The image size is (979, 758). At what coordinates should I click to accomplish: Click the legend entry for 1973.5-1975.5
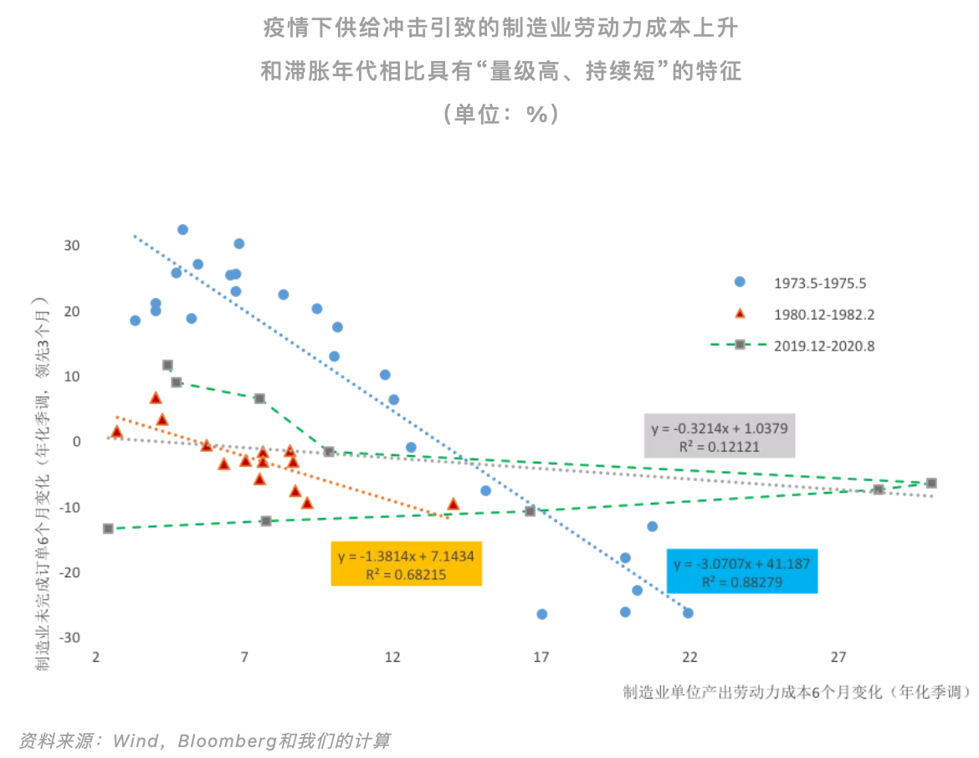tap(812, 283)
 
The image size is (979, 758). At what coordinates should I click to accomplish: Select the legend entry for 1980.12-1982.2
tap(812, 315)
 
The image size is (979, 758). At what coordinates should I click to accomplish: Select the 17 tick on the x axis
tap(541, 658)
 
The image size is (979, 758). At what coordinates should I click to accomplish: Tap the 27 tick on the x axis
tap(838, 658)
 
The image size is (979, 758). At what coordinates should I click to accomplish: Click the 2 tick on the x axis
tap(96, 658)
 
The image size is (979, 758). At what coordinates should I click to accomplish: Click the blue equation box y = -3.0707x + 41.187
tap(741, 571)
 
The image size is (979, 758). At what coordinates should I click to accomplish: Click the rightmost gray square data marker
tap(931, 483)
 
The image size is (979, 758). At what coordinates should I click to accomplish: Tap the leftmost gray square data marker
tap(108, 529)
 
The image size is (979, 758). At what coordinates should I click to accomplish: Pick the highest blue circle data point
tap(182, 229)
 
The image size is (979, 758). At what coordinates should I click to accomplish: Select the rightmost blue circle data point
tap(688, 612)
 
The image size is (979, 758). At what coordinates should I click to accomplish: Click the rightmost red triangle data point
tap(454, 504)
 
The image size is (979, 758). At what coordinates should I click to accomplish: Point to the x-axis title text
tap(796, 692)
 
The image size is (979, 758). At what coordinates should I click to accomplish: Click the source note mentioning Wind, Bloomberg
tap(204, 740)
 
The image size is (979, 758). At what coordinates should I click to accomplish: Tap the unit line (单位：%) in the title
tap(500, 112)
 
